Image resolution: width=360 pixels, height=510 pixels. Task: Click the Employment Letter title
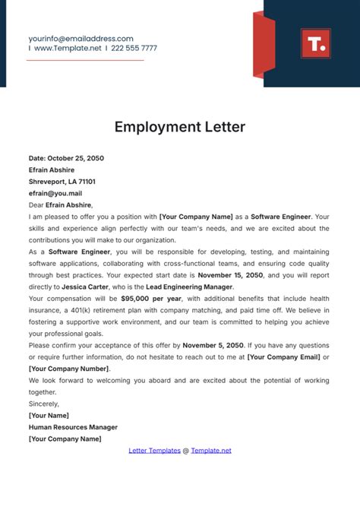(x=180, y=127)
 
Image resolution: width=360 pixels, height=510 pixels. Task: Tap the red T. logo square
(x=315, y=43)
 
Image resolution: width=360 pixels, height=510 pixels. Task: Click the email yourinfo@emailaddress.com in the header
(x=81, y=38)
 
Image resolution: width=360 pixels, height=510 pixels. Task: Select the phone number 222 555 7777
(x=134, y=48)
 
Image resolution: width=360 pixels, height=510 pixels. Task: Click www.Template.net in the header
(x=67, y=48)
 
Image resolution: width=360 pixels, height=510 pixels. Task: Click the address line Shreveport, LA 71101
(x=62, y=182)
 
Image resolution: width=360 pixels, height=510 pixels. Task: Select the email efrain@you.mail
(x=55, y=194)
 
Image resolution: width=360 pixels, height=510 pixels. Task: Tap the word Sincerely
(x=44, y=404)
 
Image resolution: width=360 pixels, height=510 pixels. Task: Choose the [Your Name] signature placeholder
(x=49, y=415)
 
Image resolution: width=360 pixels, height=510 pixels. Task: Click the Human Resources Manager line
(x=74, y=427)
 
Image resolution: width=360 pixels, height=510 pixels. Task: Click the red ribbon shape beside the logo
(x=263, y=45)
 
